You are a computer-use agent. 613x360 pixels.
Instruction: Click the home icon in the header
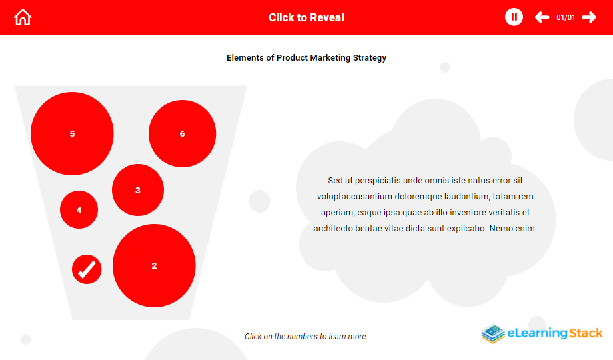pos(23,17)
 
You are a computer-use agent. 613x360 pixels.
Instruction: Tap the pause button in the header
pos(514,17)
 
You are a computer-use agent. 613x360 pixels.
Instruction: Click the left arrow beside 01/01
pos(542,17)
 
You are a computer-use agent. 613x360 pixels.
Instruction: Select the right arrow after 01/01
pos(589,17)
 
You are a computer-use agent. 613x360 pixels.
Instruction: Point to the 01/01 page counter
pos(566,17)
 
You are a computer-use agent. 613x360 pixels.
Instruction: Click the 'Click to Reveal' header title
pos(306,17)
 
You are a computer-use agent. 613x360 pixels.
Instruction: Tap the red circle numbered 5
pos(73,133)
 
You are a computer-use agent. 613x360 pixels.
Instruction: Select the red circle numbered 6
pos(182,133)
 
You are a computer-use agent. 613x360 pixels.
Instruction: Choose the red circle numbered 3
pos(138,190)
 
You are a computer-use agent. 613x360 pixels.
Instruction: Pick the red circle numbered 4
pos(79,210)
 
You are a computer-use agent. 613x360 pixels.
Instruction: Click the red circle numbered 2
pos(154,266)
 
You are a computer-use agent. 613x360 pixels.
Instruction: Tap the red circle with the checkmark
pos(87,269)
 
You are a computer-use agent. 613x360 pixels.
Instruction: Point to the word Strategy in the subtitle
pos(370,58)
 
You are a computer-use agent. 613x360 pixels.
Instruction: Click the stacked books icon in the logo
pos(493,334)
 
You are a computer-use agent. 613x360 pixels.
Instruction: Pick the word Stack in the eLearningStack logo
pos(586,333)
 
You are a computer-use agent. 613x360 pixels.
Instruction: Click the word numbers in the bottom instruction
pos(303,337)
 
